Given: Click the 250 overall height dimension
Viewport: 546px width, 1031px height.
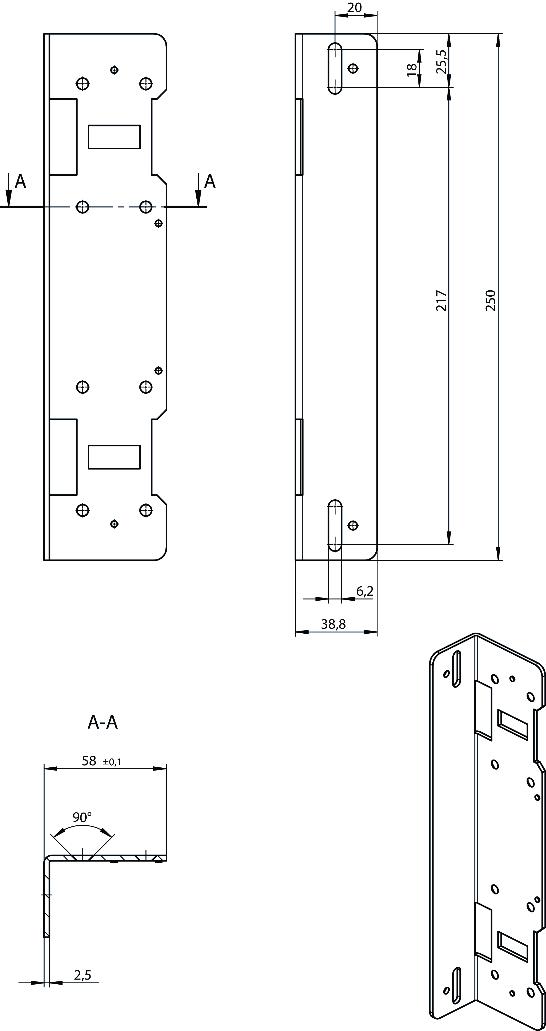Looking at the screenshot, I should pos(491,300).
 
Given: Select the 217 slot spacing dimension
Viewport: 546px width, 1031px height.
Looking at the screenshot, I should pos(441,300).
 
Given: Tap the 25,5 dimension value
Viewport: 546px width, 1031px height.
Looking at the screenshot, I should pos(442,61).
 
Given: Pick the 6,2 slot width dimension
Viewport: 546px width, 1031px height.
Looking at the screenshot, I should pos(365,591).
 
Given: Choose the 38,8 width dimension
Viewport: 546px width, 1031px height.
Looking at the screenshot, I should pos(333,624).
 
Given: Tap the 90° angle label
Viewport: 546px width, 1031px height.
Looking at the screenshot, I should pos(82,817).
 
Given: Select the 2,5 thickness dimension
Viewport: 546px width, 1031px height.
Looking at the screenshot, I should pos(82,975).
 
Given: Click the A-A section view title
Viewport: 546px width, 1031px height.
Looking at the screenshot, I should pos(103,722).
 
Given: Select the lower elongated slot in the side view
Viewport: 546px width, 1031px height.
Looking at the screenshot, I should pos(335,526).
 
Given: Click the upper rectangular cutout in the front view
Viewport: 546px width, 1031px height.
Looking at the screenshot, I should pos(114,136).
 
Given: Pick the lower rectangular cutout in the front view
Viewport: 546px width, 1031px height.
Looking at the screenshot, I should pos(114,457).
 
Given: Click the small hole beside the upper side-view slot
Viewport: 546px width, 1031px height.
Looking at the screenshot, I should pos(353,68).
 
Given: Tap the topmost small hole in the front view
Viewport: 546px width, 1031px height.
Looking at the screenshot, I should pos(114,70).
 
